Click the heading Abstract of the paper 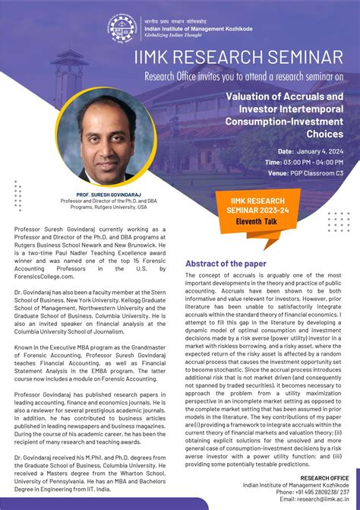[226, 264]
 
